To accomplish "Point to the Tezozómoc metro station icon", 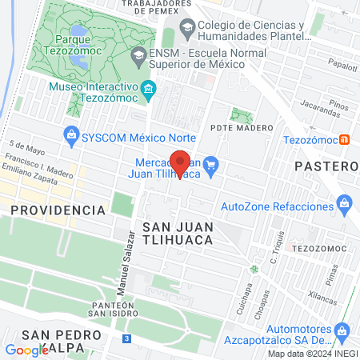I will (345, 138).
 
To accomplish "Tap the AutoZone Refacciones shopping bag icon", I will (345, 203).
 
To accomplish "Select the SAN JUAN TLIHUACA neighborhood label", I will (177, 232).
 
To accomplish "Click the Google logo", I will (27, 350).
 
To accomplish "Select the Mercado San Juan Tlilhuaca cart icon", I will (211, 166).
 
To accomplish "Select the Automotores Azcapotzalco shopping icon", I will (342, 330).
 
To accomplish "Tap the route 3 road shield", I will (126, 339).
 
